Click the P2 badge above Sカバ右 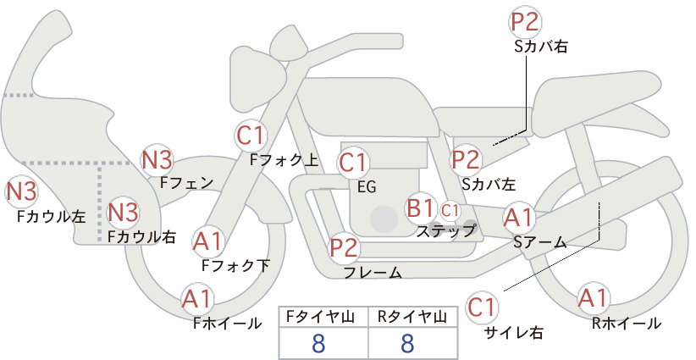(x=525, y=21)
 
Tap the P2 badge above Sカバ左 (x=466, y=160)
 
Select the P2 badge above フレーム (x=344, y=247)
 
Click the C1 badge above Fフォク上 (x=251, y=136)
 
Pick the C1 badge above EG (x=352, y=163)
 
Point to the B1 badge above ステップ (x=420, y=208)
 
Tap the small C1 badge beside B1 (x=450, y=210)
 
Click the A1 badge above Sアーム (x=518, y=218)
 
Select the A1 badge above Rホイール (x=593, y=298)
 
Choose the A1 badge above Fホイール (x=197, y=300)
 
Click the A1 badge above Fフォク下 (x=207, y=241)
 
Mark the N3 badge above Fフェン (x=157, y=160)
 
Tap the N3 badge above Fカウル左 (x=21, y=192)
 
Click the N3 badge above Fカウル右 (x=124, y=212)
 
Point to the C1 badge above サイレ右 (x=482, y=307)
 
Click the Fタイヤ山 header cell (x=323, y=317)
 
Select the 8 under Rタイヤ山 (x=407, y=343)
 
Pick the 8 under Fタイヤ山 (x=318, y=343)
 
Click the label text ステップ (x=445, y=231)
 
